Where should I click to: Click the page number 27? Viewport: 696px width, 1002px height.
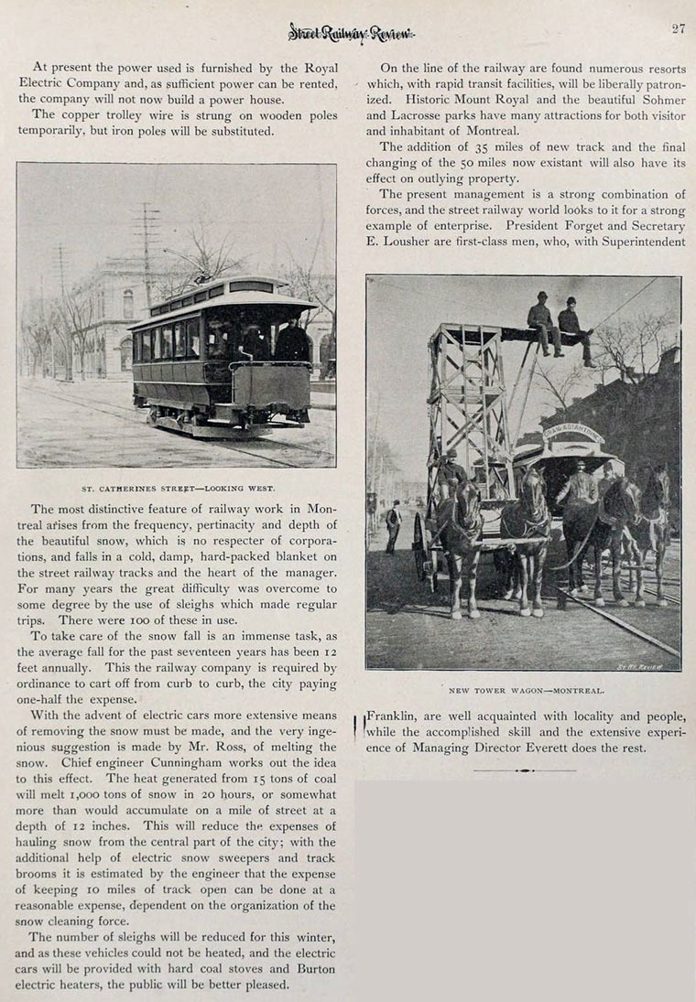pos(678,28)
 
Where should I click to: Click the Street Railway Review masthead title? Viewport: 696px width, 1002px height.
pos(352,33)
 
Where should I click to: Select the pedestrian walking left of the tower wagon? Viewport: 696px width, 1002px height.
pos(394,525)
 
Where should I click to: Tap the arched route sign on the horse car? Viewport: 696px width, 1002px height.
pos(572,432)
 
